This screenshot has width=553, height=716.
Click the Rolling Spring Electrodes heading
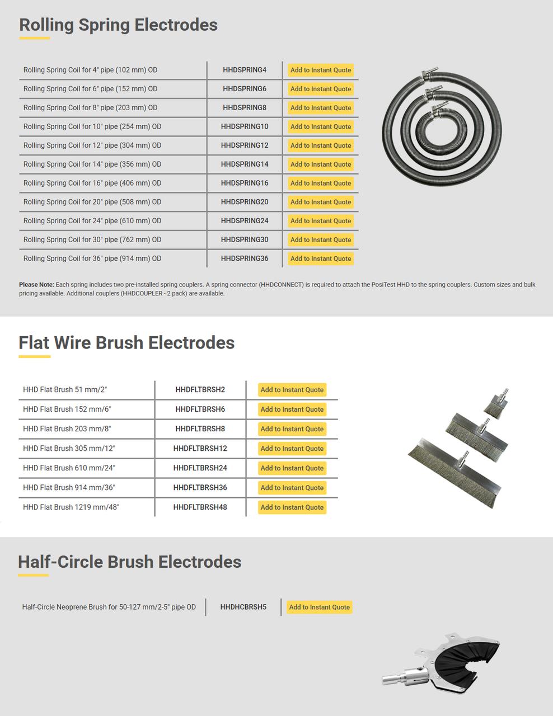tap(118, 25)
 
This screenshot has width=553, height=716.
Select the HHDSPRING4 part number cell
tap(245, 70)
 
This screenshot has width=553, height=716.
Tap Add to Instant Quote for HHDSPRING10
tap(321, 126)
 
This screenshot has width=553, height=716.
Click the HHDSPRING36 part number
tap(245, 258)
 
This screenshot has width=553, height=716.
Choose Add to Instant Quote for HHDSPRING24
tap(321, 221)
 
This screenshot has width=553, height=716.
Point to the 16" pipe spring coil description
tap(92, 183)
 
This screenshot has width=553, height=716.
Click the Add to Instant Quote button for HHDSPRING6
tap(321, 89)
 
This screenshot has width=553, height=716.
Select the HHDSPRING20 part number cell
tap(245, 202)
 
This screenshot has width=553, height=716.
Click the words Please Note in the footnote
tap(36, 285)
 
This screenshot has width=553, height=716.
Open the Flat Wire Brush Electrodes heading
tap(126, 343)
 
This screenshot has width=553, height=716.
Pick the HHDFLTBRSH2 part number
tap(200, 390)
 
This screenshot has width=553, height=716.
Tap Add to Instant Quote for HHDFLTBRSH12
tap(292, 449)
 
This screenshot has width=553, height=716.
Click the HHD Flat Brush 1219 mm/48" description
tap(71, 507)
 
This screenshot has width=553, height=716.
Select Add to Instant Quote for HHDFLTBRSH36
tap(292, 488)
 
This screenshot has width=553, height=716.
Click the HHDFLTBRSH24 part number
tap(200, 468)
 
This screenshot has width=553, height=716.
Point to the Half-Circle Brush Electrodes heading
tap(129, 562)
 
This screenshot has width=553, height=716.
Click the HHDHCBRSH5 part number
tap(243, 607)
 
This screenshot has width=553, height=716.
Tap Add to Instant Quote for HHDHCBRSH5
tap(319, 607)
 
